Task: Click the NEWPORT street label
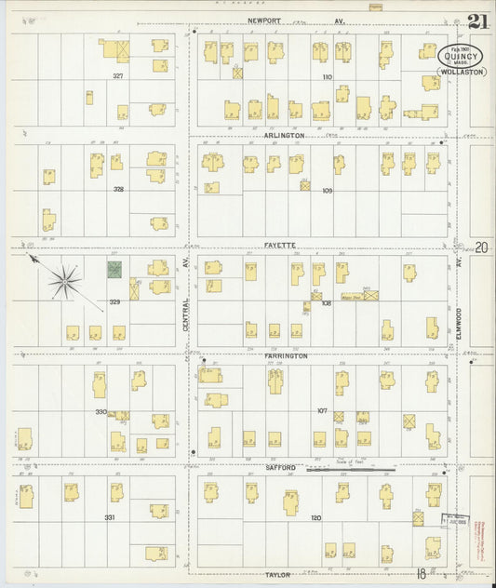point(264,19)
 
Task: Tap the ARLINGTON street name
point(284,136)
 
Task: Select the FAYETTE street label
point(279,246)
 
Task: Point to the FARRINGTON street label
point(285,355)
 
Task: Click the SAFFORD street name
point(280,467)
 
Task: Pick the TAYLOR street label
point(279,575)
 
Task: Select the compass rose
point(65,279)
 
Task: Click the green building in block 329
point(114,270)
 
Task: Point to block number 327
point(118,75)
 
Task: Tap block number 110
point(327,76)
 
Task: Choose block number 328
point(118,188)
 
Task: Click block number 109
point(327,191)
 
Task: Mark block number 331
point(109,517)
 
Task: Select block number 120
point(315,517)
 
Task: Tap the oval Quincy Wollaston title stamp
point(461,60)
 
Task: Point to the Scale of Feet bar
point(352,470)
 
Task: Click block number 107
point(322,410)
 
